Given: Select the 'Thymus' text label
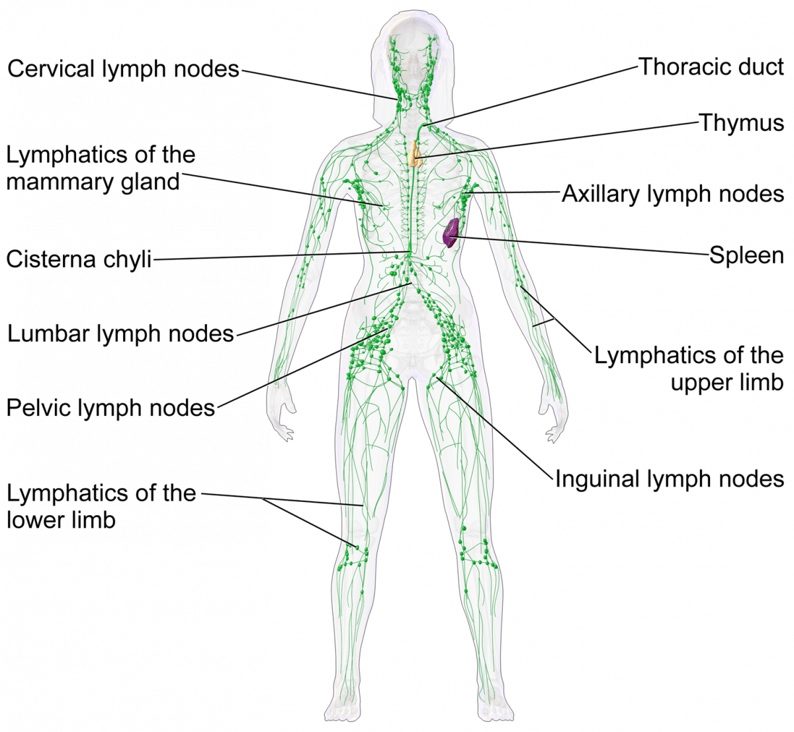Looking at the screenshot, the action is click(x=742, y=122).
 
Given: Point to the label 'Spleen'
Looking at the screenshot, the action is click(x=746, y=255).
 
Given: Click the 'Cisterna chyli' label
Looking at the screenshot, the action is click(x=79, y=259).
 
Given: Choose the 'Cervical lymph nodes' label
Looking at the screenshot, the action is click(x=123, y=69).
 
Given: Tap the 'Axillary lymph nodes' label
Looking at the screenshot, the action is click(x=673, y=194).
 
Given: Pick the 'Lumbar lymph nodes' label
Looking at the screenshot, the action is click(x=120, y=333).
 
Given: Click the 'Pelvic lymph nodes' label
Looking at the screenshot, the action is click(x=110, y=407).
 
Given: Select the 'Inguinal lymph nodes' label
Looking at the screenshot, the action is click(x=670, y=479).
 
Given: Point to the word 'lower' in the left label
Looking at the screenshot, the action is click(x=32, y=520).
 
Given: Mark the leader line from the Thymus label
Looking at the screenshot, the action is click(x=557, y=140).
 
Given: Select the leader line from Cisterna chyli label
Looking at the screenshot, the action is click(x=281, y=256).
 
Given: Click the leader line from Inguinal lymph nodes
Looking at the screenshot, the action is click(x=494, y=427).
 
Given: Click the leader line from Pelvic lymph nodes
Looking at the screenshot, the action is click(x=302, y=368).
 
